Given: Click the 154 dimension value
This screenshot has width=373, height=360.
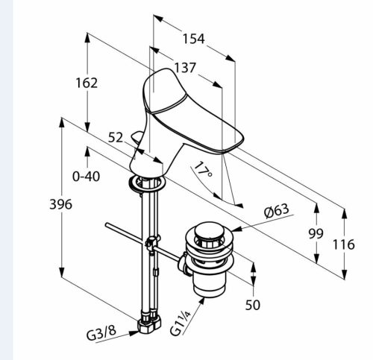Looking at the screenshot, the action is (x=194, y=39).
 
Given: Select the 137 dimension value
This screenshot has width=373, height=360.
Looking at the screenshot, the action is (x=185, y=68).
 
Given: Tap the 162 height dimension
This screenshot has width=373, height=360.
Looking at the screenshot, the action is (x=87, y=83).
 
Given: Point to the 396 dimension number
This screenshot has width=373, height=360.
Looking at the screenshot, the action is (x=60, y=204).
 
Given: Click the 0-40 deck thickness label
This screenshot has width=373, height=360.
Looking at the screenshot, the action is (x=86, y=177).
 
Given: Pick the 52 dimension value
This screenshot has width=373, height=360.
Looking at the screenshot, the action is (x=116, y=137).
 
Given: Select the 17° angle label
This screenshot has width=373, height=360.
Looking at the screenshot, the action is (x=204, y=169).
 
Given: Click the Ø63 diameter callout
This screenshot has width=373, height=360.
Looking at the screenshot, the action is (x=277, y=211).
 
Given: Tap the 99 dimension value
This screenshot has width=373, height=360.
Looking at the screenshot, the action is (x=316, y=233).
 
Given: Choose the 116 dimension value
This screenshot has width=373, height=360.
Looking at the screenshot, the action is (x=344, y=244).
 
